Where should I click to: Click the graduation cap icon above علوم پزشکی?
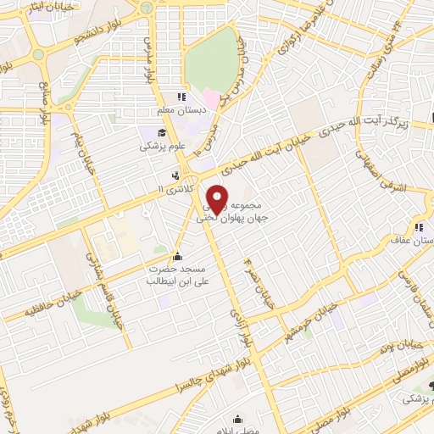pyautogui.click(x=160, y=132)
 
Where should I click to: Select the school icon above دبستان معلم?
pyautogui.click(x=180, y=97)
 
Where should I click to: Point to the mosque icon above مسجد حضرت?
pyautogui.click(x=176, y=256)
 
